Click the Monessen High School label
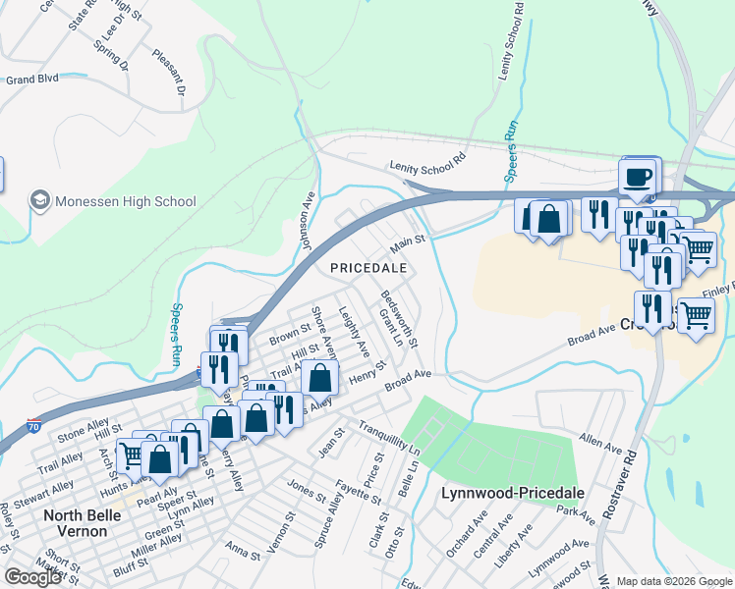[x=126, y=201]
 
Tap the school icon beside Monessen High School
[x=40, y=201]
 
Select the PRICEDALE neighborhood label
[x=367, y=267]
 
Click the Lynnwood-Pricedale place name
[x=513, y=493]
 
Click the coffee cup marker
[x=639, y=177]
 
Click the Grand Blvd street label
[x=31, y=78]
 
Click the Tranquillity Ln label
[x=389, y=438]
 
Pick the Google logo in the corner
[x=32, y=577]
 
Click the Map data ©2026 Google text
[x=675, y=581]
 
